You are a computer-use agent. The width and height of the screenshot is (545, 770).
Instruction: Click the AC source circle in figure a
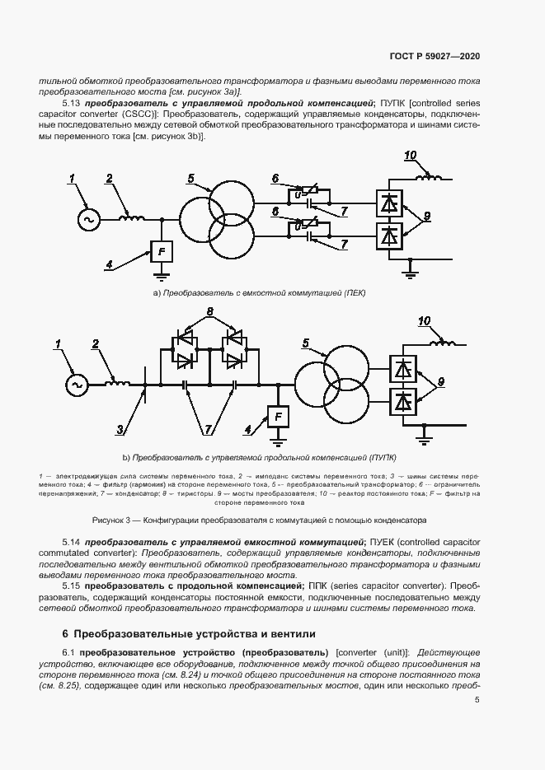pyautogui.click(x=87, y=220)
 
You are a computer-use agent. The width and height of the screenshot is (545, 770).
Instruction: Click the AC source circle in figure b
pyautogui.click(x=78, y=384)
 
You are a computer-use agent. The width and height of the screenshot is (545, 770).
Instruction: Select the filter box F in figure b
pyautogui.click(x=279, y=417)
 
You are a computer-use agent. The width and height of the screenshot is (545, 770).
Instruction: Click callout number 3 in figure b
pyautogui.click(x=120, y=430)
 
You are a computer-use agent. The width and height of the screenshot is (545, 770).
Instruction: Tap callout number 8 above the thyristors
pyautogui.click(x=210, y=312)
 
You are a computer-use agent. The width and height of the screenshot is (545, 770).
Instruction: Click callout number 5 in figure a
pyautogui.click(x=191, y=179)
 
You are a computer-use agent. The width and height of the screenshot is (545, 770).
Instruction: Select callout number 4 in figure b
pyautogui.click(x=247, y=429)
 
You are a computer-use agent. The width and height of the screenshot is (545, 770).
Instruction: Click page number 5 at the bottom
pyautogui.click(x=477, y=700)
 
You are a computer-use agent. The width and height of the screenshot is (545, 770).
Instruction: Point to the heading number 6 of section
pyautogui.click(x=65, y=633)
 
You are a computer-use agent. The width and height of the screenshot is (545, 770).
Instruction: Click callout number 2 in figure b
pyautogui.click(x=96, y=343)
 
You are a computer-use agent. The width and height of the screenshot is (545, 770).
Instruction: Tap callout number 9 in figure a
pyautogui.click(x=427, y=216)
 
